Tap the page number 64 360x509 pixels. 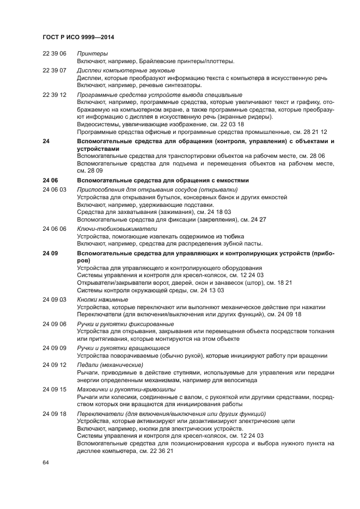coord(46,462)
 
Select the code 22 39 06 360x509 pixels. coord(54,54)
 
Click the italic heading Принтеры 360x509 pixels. coord(92,54)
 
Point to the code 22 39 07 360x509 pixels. coord(54,71)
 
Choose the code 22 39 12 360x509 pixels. coord(54,95)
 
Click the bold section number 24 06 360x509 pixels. coord(50,180)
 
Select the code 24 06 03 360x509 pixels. coord(54,189)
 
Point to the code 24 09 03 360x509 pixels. coord(54,299)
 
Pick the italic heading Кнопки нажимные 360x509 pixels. coord(102,299)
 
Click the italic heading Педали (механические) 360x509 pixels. coord(110,364)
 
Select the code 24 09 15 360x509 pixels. coord(54,389)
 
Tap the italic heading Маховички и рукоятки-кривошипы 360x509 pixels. coord(126,389)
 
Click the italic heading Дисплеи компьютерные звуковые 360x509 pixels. coord(126,71)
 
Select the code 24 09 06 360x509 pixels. coord(54,324)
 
